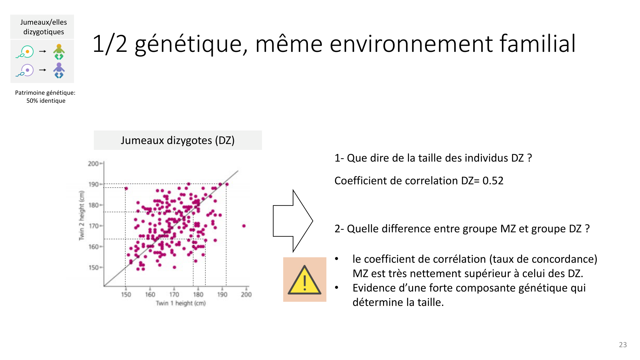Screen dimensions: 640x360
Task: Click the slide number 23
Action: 623,345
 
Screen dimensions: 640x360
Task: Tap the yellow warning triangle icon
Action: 304,280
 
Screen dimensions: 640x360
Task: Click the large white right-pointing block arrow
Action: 293,221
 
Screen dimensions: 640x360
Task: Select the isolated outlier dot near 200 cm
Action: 244,226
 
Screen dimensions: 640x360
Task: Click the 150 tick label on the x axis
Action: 126,294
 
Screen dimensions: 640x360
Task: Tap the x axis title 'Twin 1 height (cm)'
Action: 181,303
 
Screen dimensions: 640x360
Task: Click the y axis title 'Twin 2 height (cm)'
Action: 82,215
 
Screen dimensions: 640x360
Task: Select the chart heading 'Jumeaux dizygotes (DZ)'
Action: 178,140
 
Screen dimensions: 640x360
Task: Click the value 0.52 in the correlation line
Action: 493,181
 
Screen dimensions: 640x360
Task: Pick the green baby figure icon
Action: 59,52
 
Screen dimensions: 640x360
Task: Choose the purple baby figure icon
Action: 59,70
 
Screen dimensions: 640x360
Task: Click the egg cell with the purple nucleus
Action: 27,70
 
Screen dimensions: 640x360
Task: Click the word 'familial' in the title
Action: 538,44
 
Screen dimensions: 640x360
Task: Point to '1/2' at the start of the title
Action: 110,44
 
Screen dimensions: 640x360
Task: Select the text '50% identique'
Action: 46,101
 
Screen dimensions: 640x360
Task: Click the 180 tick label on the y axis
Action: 93,205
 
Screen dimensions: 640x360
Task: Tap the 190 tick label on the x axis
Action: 222,294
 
